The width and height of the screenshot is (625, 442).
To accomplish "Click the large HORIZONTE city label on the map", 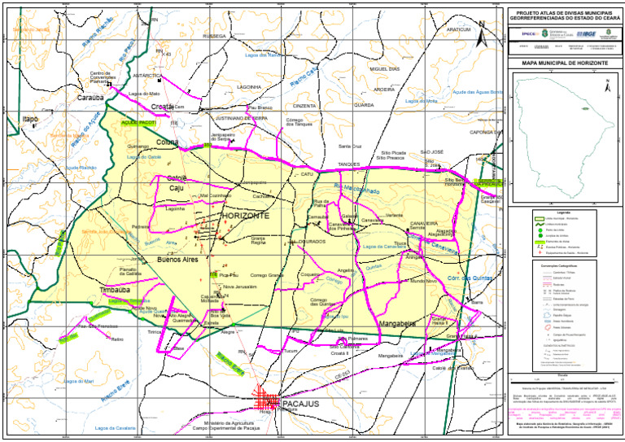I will [245, 216].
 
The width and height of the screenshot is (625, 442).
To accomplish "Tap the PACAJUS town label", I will [300, 403].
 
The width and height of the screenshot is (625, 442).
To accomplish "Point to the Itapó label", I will [30, 120].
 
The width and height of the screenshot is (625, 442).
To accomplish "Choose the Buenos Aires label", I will [178, 260].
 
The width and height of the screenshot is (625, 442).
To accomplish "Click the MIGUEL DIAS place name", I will [384, 69].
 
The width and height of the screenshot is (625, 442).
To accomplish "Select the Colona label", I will [167, 142].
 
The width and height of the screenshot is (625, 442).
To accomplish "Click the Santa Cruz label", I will [350, 147].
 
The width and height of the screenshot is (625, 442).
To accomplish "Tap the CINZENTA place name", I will [304, 106].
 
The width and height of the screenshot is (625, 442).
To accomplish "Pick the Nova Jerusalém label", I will [239, 287].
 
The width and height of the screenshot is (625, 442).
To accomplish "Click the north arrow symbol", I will [481, 33].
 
